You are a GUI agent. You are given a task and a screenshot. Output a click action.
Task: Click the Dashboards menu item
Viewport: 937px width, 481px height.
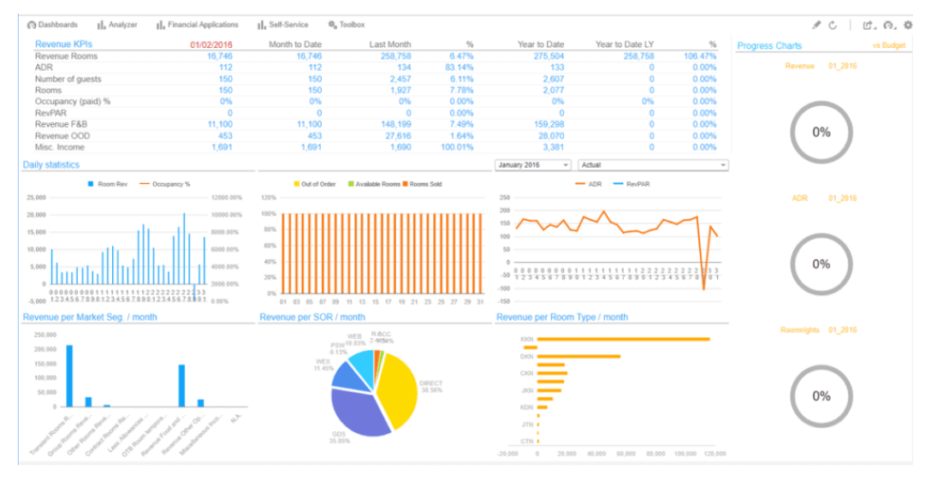click(x=53, y=25)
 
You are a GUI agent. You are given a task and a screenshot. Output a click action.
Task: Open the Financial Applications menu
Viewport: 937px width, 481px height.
click(x=198, y=25)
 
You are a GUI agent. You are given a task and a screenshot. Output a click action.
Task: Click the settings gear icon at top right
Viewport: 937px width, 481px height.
click(x=908, y=25)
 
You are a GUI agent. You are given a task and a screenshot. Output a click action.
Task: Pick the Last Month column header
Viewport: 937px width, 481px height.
click(x=390, y=45)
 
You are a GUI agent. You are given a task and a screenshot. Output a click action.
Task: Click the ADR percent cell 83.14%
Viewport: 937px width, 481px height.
click(x=459, y=67)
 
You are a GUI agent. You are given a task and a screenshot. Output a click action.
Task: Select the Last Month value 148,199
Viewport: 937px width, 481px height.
click(x=394, y=124)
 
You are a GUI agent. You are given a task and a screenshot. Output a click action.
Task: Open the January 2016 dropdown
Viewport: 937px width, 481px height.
click(x=532, y=164)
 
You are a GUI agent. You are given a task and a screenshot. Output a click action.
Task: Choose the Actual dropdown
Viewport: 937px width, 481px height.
click(x=653, y=164)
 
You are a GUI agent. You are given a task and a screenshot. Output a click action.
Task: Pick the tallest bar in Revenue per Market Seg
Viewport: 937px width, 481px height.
click(x=69, y=376)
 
